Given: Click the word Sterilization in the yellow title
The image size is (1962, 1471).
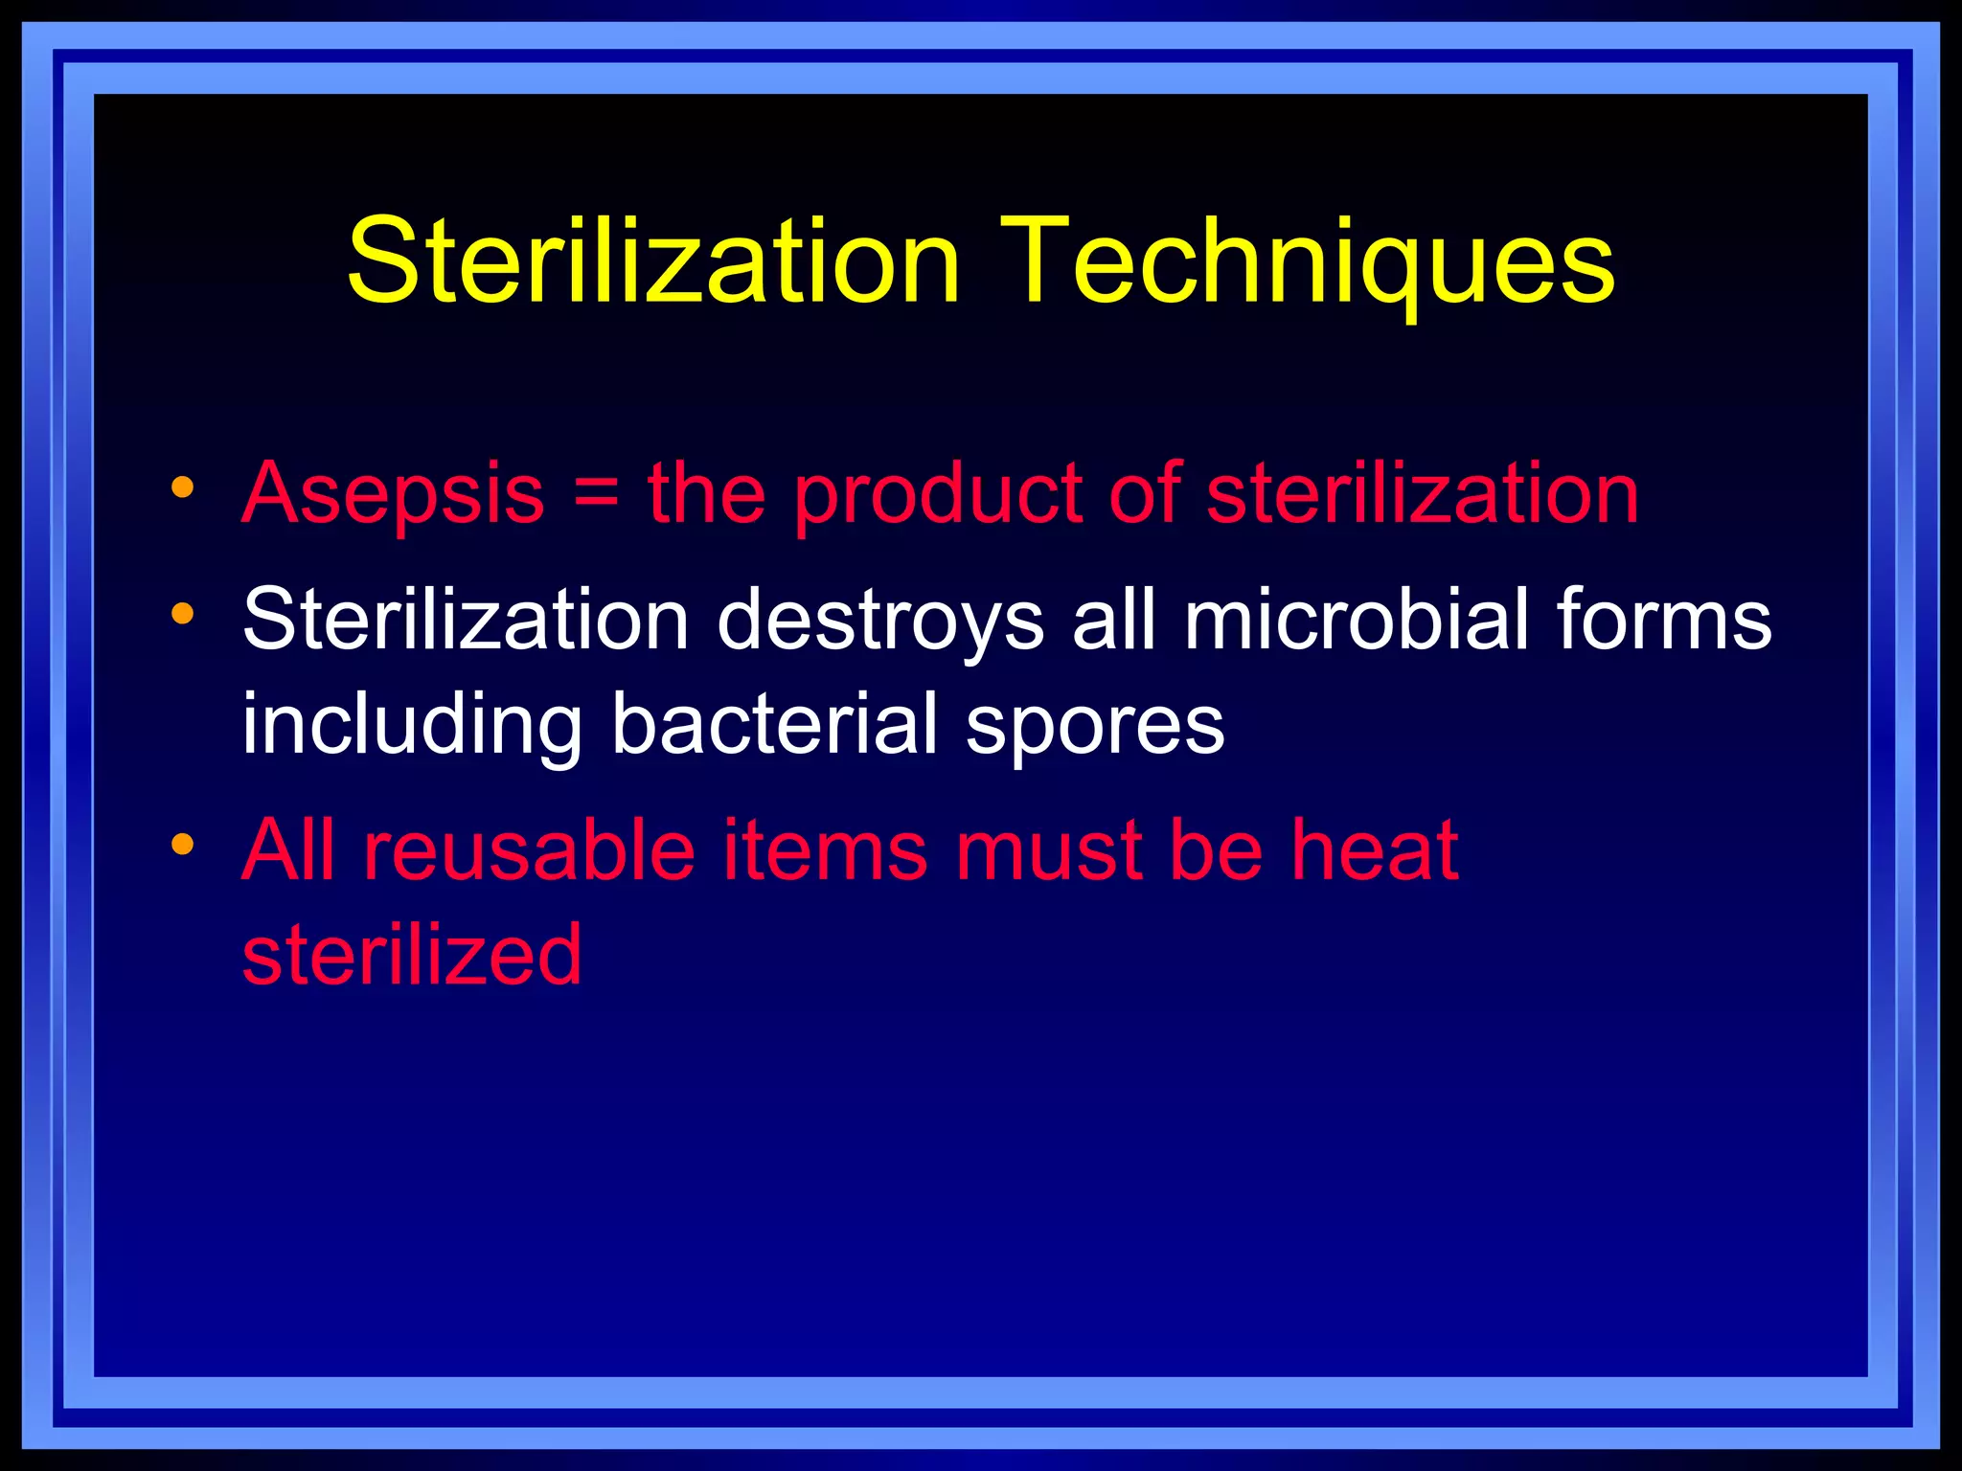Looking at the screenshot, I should pyautogui.click(x=653, y=262).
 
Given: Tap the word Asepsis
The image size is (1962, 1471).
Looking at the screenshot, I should pyautogui.click(x=393, y=495).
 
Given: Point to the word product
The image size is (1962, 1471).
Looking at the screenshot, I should pyautogui.click(x=938, y=495).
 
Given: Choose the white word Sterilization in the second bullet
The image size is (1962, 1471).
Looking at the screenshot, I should pyautogui.click(x=466, y=621).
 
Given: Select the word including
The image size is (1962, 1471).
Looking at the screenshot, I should pyautogui.click(x=412, y=726).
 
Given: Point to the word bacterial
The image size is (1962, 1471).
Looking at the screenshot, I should pyautogui.click(x=774, y=724).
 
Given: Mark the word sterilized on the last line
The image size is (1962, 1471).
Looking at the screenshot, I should pyautogui.click(x=412, y=955).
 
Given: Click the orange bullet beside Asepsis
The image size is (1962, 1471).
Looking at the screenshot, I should pyautogui.click(x=182, y=487).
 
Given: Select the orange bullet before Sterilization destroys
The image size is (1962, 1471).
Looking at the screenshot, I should pyautogui.click(x=182, y=613).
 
